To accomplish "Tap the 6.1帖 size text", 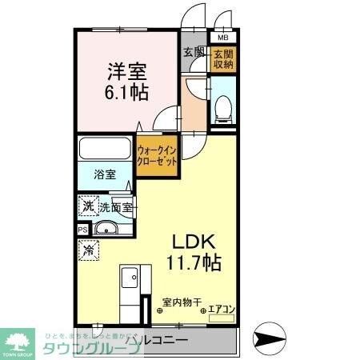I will pyautogui.click(x=126, y=91).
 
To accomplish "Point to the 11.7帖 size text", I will pyautogui.click(x=192, y=262).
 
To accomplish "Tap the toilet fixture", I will pyautogui.click(x=223, y=107).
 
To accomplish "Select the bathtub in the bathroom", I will pyautogui.click(x=106, y=150).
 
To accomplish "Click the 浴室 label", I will pyautogui.click(x=104, y=174).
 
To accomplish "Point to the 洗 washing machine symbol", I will pyautogui.click(x=87, y=206).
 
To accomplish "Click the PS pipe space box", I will pyautogui.click(x=82, y=230).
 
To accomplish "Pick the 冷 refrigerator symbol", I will pyautogui.click(x=87, y=250).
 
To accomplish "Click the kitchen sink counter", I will pyautogui.click(x=129, y=291).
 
